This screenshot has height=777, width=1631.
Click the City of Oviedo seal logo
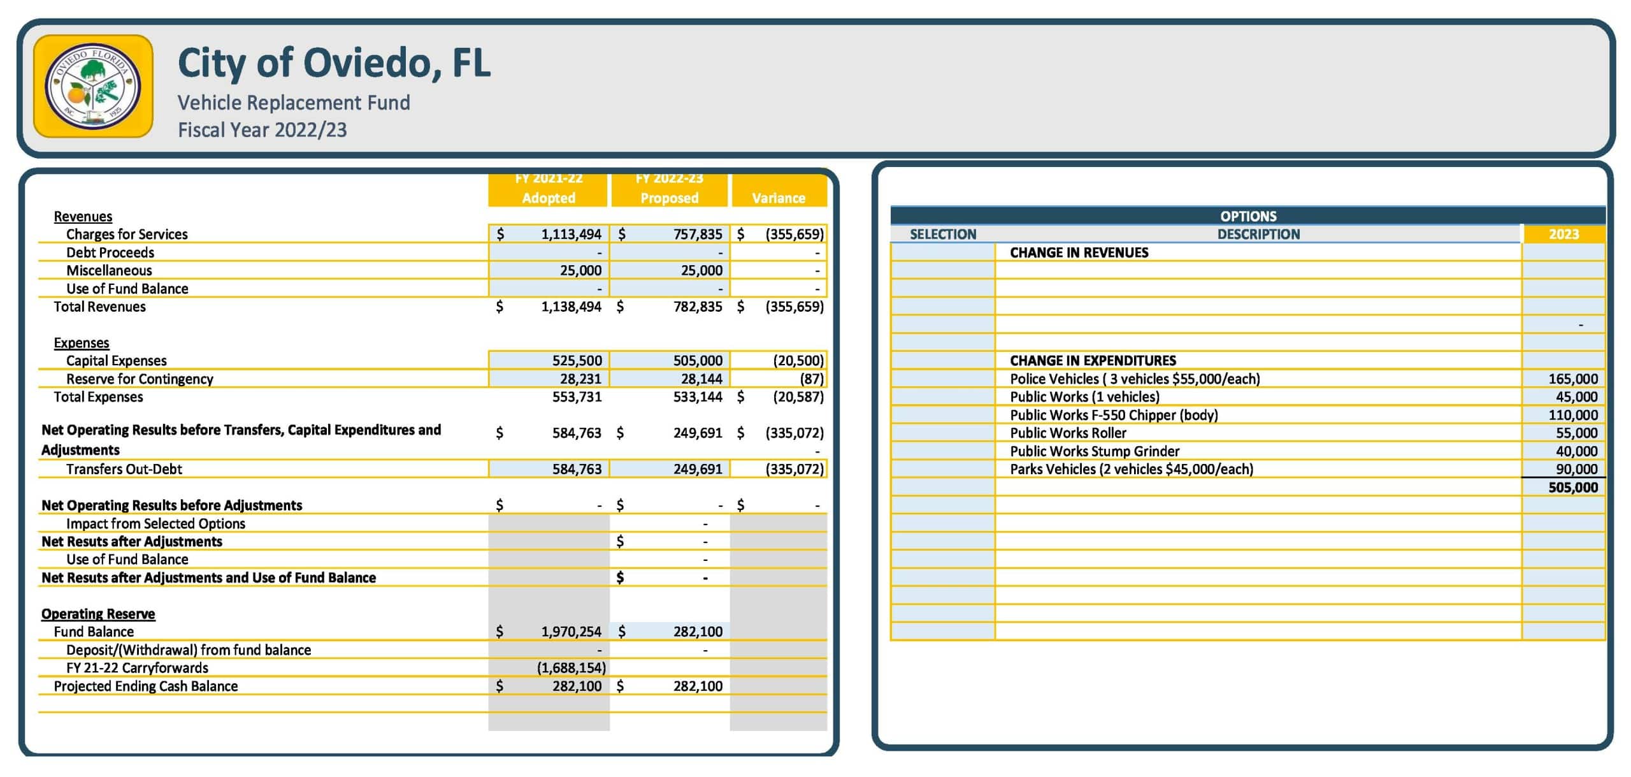(x=93, y=86)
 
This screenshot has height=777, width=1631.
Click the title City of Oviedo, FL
(x=334, y=63)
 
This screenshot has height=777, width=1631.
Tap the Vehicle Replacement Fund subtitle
(x=294, y=103)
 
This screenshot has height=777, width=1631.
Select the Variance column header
(x=778, y=198)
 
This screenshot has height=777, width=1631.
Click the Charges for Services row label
(x=127, y=234)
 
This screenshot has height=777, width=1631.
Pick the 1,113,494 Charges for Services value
(x=571, y=234)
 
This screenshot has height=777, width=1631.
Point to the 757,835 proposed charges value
(x=698, y=234)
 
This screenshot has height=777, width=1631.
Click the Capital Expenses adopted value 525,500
(x=577, y=360)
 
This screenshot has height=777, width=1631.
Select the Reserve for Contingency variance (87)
(x=811, y=379)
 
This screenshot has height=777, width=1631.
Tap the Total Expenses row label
(x=98, y=396)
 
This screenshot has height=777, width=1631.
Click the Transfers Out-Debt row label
(x=124, y=469)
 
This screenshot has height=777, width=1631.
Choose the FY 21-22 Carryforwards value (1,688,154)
(x=571, y=667)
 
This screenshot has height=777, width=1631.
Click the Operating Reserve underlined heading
(x=98, y=613)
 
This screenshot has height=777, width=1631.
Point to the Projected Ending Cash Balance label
(x=145, y=686)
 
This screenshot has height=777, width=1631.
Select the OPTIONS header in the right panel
(x=1248, y=215)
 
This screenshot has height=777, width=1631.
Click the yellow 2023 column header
(x=1563, y=234)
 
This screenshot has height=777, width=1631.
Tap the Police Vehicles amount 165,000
(x=1572, y=379)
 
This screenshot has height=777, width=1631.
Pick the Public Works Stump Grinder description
(x=1095, y=451)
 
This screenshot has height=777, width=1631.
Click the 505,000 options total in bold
(x=1572, y=488)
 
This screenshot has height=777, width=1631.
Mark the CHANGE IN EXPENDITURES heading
(x=1093, y=360)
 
